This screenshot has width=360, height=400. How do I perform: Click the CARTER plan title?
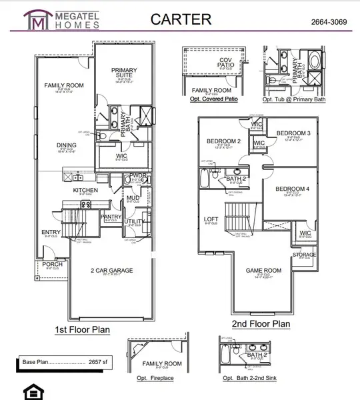tap(180, 19)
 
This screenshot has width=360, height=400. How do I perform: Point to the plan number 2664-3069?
tap(330, 22)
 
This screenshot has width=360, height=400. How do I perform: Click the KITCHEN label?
tap(85, 190)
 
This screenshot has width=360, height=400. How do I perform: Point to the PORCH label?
tap(52, 263)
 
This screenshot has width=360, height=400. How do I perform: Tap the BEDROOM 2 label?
tap(223, 141)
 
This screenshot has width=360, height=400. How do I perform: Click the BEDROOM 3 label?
tap(293, 133)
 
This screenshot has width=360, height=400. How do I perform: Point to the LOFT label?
tap(211, 219)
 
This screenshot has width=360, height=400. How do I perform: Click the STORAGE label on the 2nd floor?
tap(305, 254)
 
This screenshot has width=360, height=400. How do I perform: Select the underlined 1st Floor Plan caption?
tap(82, 329)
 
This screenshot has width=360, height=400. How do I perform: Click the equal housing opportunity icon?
tap(31, 390)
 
